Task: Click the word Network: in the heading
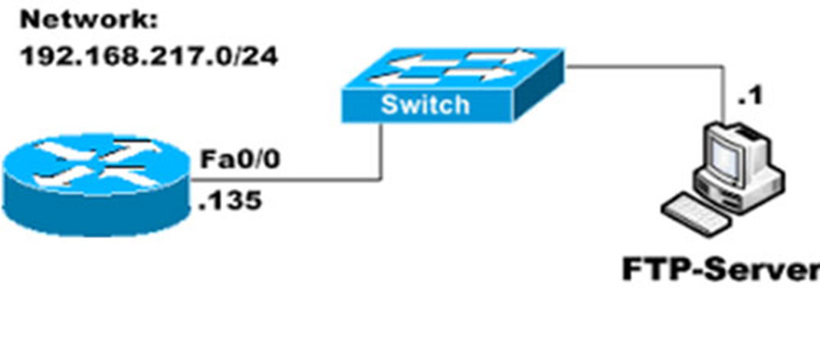pyautogui.click(x=89, y=21)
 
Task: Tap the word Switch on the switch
pyautogui.click(x=425, y=104)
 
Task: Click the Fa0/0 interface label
pyautogui.click(x=241, y=159)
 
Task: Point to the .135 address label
pyautogui.click(x=230, y=201)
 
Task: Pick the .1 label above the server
pyautogui.click(x=750, y=97)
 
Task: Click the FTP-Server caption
pyautogui.click(x=721, y=270)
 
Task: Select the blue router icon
pyautogui.click(x=97, y=185)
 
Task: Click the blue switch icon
pyautogui.click(x=453, y=86)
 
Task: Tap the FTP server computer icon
pyautogui.click(x=723, y=178)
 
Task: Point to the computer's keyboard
pyautogui.click(x=696, y=214)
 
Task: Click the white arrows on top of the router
pyautogui.click(x=97, y=164)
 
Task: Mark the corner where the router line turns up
pyautogui.click(x=382, y=180)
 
